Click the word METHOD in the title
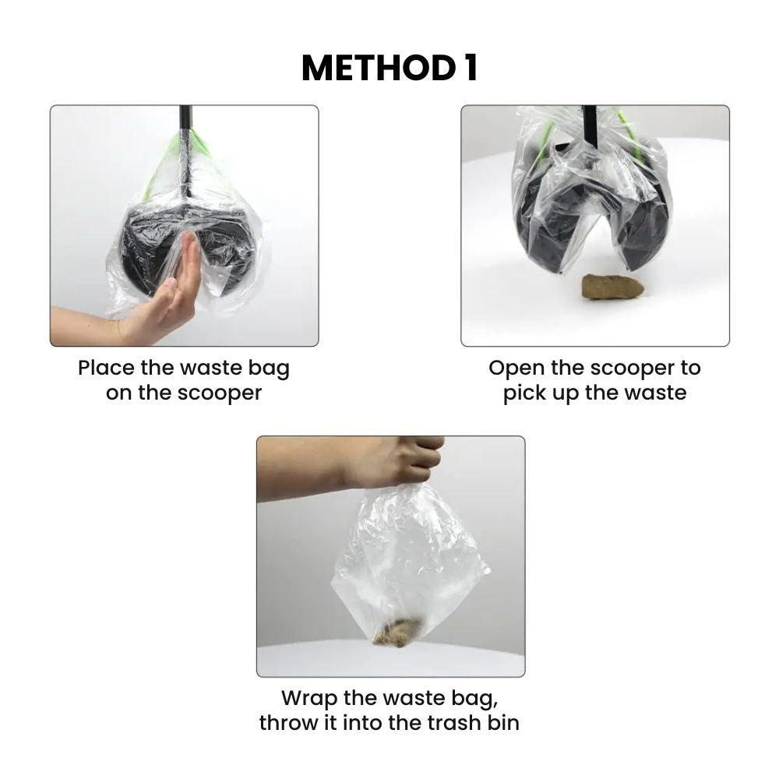[379, 68]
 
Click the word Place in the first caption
[106, 368]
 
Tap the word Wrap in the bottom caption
[309, 700]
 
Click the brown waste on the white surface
[612, 287]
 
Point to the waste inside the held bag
[398, 632]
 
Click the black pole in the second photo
[590, 126]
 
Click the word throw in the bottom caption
[289, 723]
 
